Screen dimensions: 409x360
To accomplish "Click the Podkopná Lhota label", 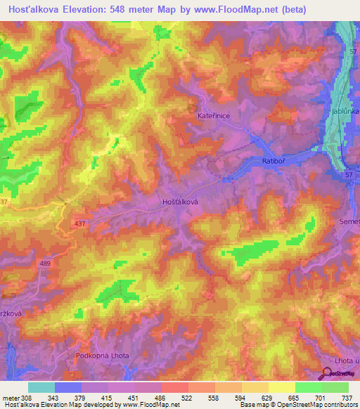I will pos(103,356).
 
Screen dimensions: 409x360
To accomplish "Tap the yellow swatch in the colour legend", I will pos(281,387).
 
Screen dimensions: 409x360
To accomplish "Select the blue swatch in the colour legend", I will pos(67,387).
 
